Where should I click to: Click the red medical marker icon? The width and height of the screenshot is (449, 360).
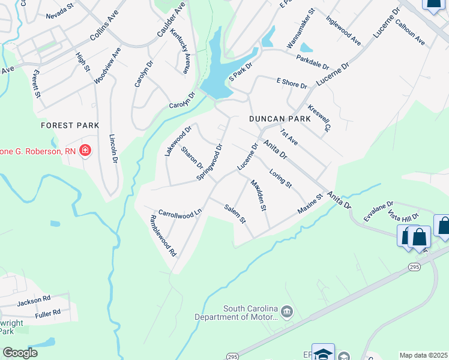pos(85,150)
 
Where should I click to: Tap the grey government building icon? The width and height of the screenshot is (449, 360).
pos(287,311)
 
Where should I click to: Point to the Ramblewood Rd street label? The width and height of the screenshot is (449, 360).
pos(163,236)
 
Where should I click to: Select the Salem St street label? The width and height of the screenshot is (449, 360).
pos(235,214)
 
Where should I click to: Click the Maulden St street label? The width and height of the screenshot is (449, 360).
pos(258,196)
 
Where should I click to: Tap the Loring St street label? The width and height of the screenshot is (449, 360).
pos(280,178)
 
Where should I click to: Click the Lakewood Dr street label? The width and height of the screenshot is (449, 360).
pos(178,140)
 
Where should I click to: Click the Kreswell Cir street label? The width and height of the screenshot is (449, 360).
pos(319,119)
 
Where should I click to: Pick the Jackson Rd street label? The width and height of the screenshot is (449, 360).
pos(34,299)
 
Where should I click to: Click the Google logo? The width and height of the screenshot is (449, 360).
pos(20,353)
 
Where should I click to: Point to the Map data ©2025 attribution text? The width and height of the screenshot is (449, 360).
pos(423,355)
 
